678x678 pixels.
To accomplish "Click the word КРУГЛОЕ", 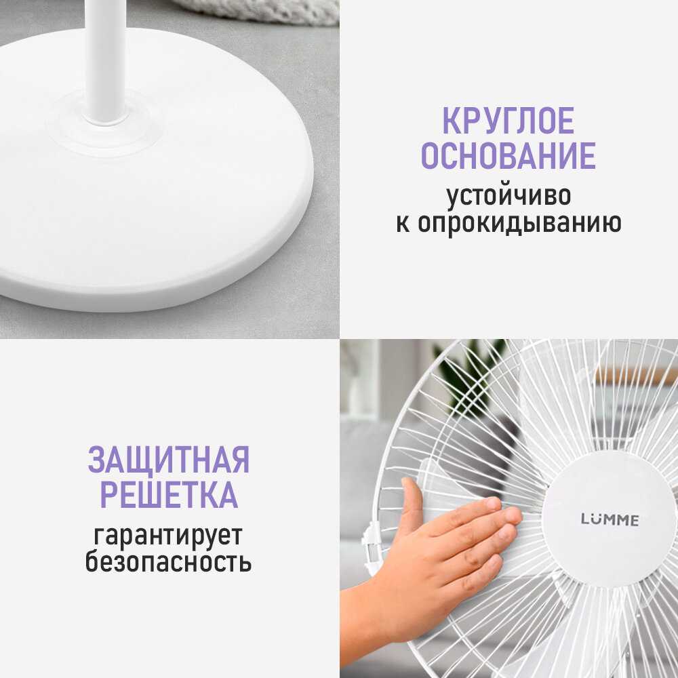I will pos(508,121).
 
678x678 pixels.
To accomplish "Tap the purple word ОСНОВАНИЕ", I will pos(508,156).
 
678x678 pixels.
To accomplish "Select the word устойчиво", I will pos(508,196).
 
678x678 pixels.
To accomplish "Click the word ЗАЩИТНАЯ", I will pos(169,460).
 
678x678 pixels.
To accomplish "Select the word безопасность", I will pos(169,563).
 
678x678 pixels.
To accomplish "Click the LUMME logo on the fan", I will pos(609,520).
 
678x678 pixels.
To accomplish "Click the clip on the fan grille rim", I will pos(370,543).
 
